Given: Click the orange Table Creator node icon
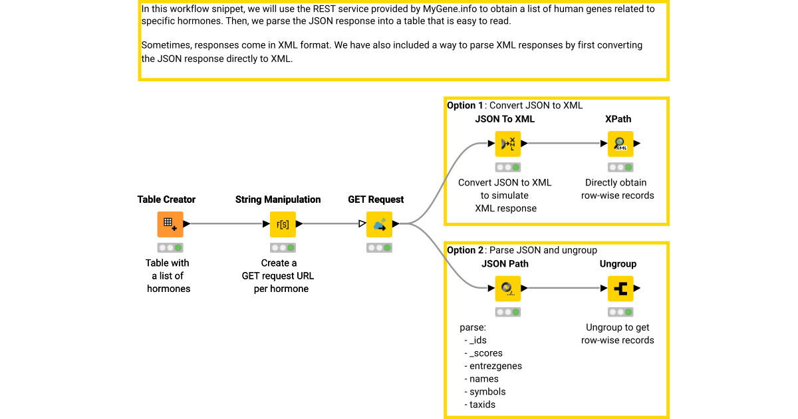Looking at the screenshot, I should [x=170, y=224].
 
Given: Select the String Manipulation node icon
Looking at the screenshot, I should [x=283, y=224].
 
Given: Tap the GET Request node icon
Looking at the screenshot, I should [x=379, y=224].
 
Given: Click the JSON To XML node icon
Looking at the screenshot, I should [x=508, y=144].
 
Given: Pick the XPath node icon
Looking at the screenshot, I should [x=620, y=144].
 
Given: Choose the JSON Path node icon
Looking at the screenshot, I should [x=508, y=289].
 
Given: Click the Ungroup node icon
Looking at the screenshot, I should [x=620, y=289].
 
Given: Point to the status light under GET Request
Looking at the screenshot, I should [x=379, y=247].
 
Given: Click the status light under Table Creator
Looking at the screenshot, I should [x=170, y=247].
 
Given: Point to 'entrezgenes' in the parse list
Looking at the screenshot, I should [x=495, y=366].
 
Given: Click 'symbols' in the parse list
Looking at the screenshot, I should [x=487, y=392].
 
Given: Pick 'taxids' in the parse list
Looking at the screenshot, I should [x=482, y=404].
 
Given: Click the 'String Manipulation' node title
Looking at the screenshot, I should [x=278, y=200].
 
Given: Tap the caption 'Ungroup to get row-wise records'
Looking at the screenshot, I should [x=618, y=334].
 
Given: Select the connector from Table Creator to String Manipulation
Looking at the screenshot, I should [x=226, y=224].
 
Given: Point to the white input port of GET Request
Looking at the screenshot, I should [x=362, y=224].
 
